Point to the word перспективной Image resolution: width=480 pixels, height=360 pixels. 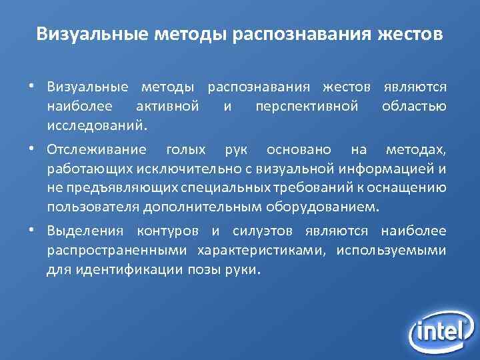pos(307,105)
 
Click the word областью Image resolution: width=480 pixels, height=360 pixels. pos(414,105)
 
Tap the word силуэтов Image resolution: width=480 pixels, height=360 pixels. pos(266,231)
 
